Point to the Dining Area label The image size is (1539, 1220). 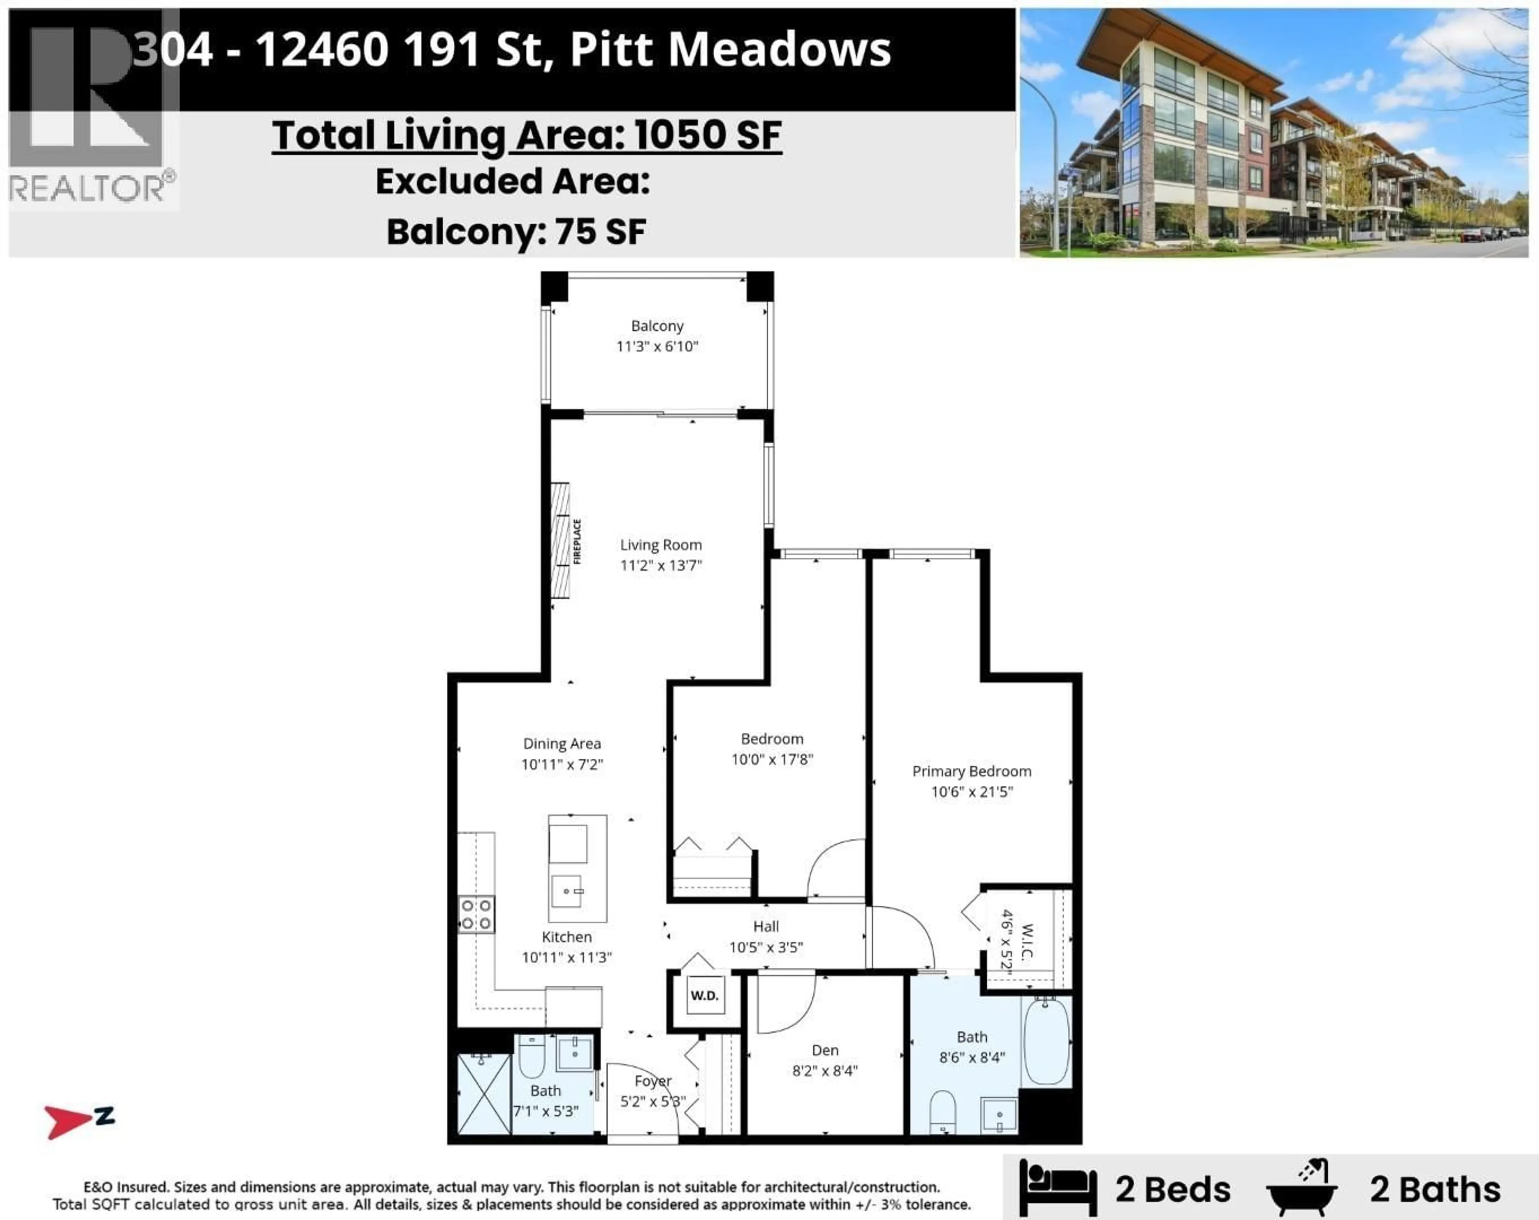pyautogui.click(x=562, y=744)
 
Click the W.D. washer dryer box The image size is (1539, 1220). pyautogui.click(x=705, y=995)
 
